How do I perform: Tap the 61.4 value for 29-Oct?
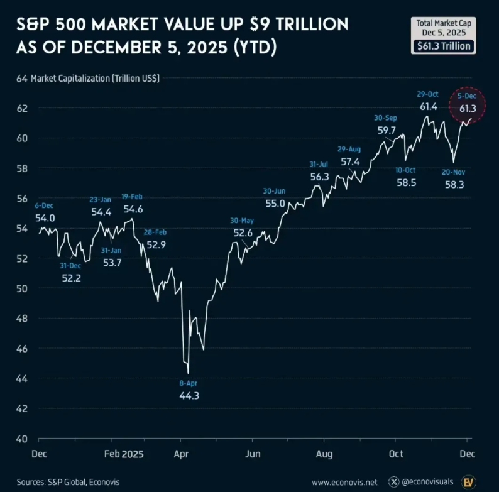pyautogui.click(x=428, y=107)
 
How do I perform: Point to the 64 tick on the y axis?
pyautogui.click(x=21, y=79)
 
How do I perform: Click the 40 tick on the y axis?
pyautogui.click(x=21, y=438)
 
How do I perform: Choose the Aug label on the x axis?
pyautogui.click(x=324, y=453)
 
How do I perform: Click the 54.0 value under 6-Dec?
pyautogui.click(x=45, y=218)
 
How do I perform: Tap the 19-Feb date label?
pyautogui.click(x=133, y=197)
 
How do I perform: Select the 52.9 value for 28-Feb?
pyautogui.click(x=156, y=244)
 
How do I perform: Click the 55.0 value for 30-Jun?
pyautogui.click(x=275, y=204)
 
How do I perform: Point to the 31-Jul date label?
pyautogui.click(x=319, y=164)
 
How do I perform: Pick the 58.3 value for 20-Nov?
pyautogui.click(x=454, y=185)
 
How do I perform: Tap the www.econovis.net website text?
pyautogui.click(x=344, y=482)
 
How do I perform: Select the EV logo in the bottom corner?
pyautogui.click(x=467, y=481)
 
